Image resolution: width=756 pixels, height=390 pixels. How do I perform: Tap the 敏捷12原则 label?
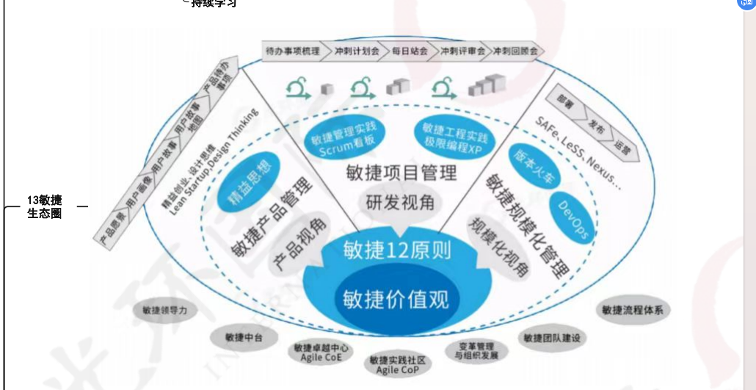[x=396, y=251]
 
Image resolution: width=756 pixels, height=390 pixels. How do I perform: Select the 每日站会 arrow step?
[x=409, y=51]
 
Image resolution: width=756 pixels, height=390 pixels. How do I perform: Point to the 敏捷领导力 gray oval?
[x=166, y=311]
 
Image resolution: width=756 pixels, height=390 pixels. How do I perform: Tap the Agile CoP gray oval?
[x=397, y=364]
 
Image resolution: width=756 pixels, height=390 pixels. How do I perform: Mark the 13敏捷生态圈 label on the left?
[x=44, y=206]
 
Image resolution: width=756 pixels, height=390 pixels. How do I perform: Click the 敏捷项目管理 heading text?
[x=401, y=173]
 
